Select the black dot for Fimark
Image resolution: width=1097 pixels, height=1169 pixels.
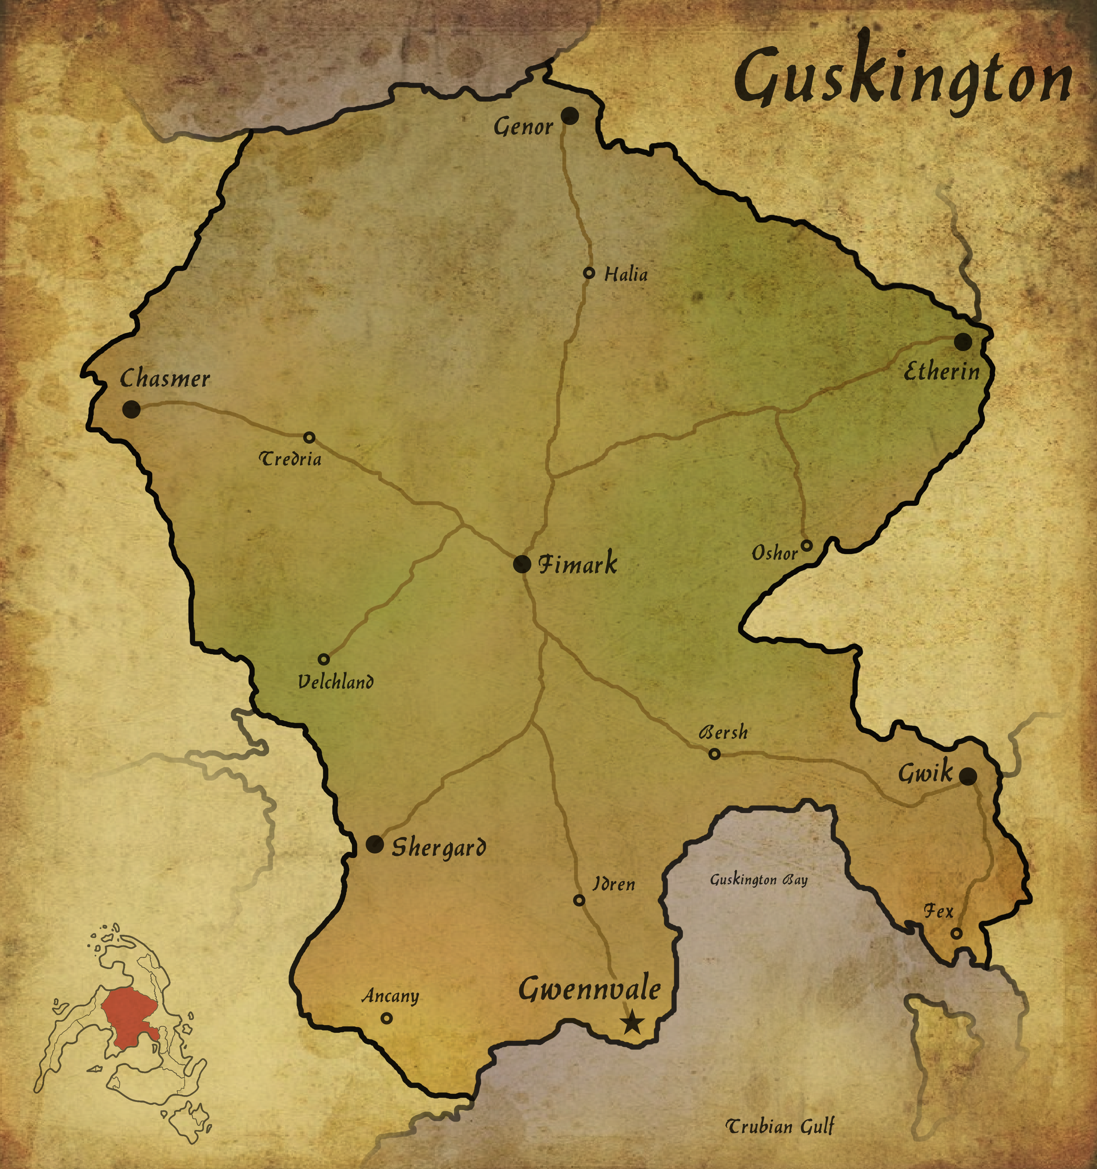pos(521,564)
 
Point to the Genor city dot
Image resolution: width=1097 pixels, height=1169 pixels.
pos(569,115)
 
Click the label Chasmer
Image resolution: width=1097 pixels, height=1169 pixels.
pos(165,378)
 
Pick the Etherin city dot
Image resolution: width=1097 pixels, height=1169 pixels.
pos(962,342)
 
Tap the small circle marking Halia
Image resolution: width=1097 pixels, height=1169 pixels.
pos(589,273)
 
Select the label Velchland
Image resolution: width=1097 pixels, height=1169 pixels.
pos(335,681)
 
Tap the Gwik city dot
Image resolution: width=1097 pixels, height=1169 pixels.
pos(968,776)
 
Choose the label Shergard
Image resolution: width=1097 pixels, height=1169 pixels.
pos(438,847)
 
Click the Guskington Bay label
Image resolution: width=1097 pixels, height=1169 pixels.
pos(758,880)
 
